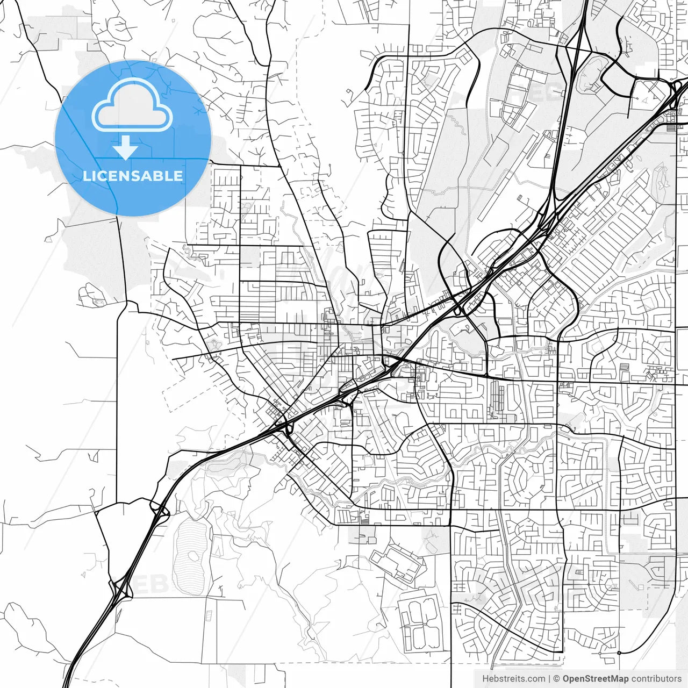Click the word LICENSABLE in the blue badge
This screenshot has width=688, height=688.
coord(133,176)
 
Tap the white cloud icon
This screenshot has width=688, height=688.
coord(132,106)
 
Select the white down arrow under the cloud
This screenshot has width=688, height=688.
coord(125,148)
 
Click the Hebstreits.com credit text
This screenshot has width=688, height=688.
coord(513,679)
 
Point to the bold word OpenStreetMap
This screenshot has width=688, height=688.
coord(596,679)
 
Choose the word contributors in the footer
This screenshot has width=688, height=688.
coord(656,679)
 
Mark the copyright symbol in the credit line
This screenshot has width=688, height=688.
coord(556,679)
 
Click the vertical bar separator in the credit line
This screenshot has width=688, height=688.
coord(549,679)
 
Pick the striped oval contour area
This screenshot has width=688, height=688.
coord(191,554)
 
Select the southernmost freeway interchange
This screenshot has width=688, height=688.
coord(121,589)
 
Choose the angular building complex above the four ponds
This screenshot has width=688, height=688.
coord(398,562)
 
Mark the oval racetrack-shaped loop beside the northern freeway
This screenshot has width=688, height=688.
coord(591,75)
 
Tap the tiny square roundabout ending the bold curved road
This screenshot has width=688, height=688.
coord(619,653)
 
